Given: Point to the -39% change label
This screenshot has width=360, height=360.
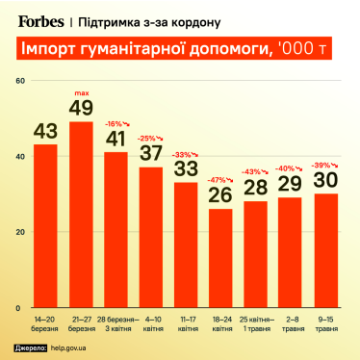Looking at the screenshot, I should (324, 164).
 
